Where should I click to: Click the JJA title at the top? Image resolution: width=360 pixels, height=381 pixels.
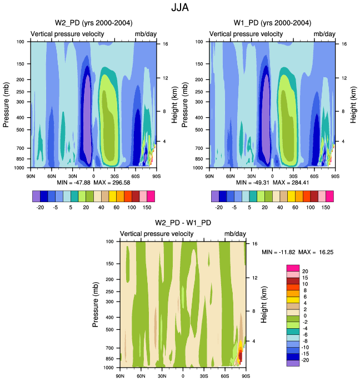180,8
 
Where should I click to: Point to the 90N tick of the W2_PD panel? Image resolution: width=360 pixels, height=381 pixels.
31,175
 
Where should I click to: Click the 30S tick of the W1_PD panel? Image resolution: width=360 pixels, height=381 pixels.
293,175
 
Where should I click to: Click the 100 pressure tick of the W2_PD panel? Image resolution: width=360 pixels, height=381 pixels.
20,42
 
